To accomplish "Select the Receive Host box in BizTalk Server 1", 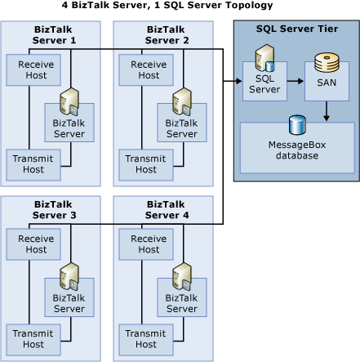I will (33, 69).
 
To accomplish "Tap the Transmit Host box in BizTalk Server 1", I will (33, 163).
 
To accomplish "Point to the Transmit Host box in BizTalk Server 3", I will (33, 338).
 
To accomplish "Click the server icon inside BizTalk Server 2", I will (181, 102).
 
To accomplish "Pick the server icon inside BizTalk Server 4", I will (181, 277).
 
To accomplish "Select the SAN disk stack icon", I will (327, 64).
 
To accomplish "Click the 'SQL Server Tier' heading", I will (296, 29).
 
